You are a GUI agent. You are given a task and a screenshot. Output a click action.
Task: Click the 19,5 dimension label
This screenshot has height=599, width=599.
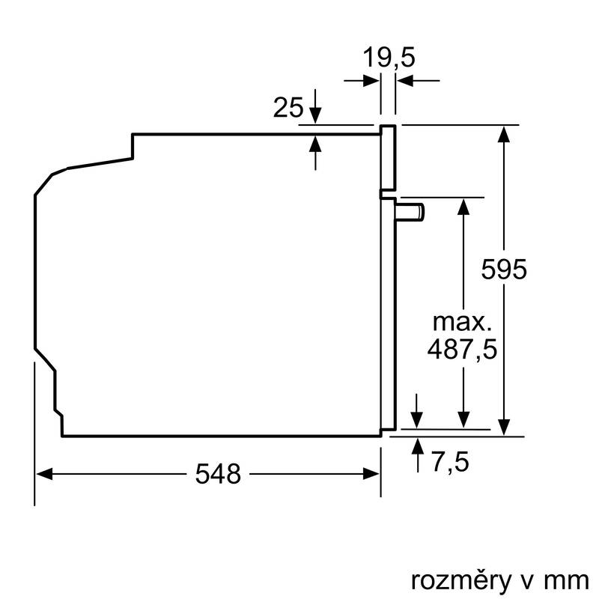click(x=389, y=57)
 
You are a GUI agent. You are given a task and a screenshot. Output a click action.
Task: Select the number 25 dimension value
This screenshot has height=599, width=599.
click(x=288, y=108)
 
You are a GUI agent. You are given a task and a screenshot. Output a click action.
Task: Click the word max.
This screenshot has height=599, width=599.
click(x=462, y=323)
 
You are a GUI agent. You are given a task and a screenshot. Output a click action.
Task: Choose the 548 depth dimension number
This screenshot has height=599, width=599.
click(x=219, y=473)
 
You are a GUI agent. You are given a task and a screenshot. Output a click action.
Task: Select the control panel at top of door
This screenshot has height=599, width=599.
click(x=388, y=157)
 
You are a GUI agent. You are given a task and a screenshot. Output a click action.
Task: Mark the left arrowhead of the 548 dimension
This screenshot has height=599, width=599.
click(x=43, y=473)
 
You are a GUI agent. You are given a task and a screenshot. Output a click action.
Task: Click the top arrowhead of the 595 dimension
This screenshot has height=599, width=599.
click(x=505, y=134)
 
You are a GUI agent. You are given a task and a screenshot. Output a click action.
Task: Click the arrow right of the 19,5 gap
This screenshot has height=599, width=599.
click(x=404, y=82)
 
